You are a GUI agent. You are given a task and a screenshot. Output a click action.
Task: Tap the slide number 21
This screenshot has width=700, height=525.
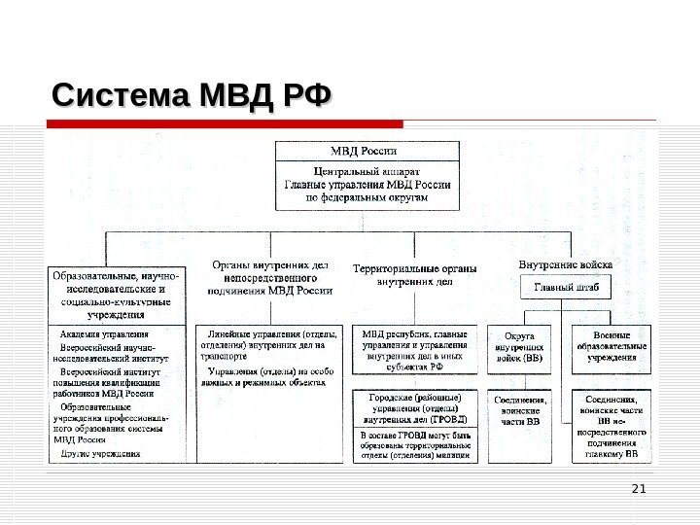pyautogui.click(x=639, y=487)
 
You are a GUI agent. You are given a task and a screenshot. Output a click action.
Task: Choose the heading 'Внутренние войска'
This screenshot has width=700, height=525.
pyautogui.click(x=566, y=264)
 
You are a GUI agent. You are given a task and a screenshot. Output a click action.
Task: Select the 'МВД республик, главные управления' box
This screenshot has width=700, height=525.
pyautogui.click(x=414, y=350)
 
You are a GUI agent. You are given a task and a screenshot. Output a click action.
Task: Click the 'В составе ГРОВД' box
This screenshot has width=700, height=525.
pyautogui.click(x=414, y=442)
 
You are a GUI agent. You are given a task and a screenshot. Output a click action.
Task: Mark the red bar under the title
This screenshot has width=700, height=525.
pyautogui.click(x=224, y=124)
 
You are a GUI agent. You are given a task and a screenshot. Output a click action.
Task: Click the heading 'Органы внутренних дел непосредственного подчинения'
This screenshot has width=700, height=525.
pyautogui.click(x=270, y=277)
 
